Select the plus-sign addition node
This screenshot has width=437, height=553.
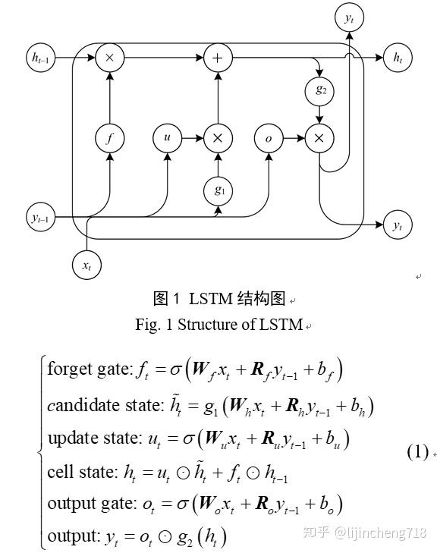pos(218,57)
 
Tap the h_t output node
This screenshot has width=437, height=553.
pos(396,57)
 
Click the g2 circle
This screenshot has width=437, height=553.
pos(319,90)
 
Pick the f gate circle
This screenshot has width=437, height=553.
pos(110,138)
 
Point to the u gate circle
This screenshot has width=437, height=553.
pos(166,138)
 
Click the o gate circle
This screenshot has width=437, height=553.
pos(268,138)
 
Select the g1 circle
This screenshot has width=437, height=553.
pos(218,190)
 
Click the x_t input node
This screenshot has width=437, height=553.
pos(86,265)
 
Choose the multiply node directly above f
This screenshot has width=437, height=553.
pos(110,57)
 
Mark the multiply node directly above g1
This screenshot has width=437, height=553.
pos(218,138)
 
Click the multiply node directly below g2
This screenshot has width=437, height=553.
pos(319,138)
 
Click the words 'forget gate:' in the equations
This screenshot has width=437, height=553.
pos(89,370)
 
